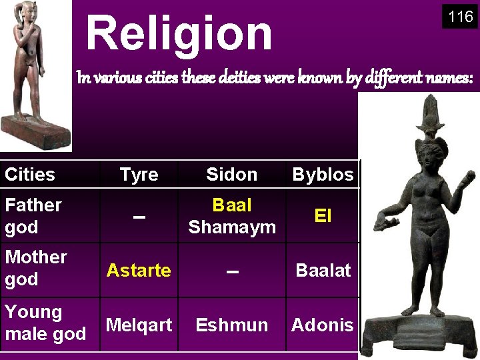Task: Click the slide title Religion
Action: (x=179, y=33)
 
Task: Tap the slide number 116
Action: (x=460, y=17)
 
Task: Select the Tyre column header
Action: (x=139, y=175)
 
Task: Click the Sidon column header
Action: (x=231, y=175)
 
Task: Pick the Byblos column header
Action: (x=323, y=175)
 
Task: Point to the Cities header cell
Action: (x=30, y=175)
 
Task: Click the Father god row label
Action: (x=33, y=216)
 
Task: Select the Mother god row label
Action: (x=36, y=268)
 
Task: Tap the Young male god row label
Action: (x=45, y=323)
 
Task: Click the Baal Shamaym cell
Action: (x=231, y=216)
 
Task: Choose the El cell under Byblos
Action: (x=323, y=216)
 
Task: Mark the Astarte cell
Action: (x=139, y=270)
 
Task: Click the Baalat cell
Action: (x=323, y=270)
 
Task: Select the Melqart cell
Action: (x=139, y=325)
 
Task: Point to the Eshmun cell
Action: (x=231, y=325)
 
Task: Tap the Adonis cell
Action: (x=323, y=325)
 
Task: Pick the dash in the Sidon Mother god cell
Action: (x=231, y=272)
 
